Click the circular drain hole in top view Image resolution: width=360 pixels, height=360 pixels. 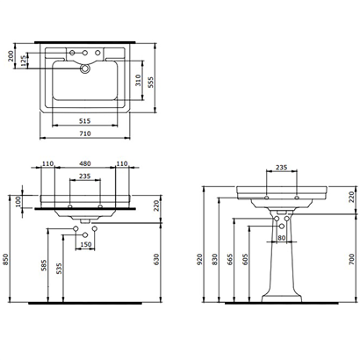coord(87,67)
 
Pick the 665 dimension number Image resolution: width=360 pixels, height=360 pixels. coord(230,262)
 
